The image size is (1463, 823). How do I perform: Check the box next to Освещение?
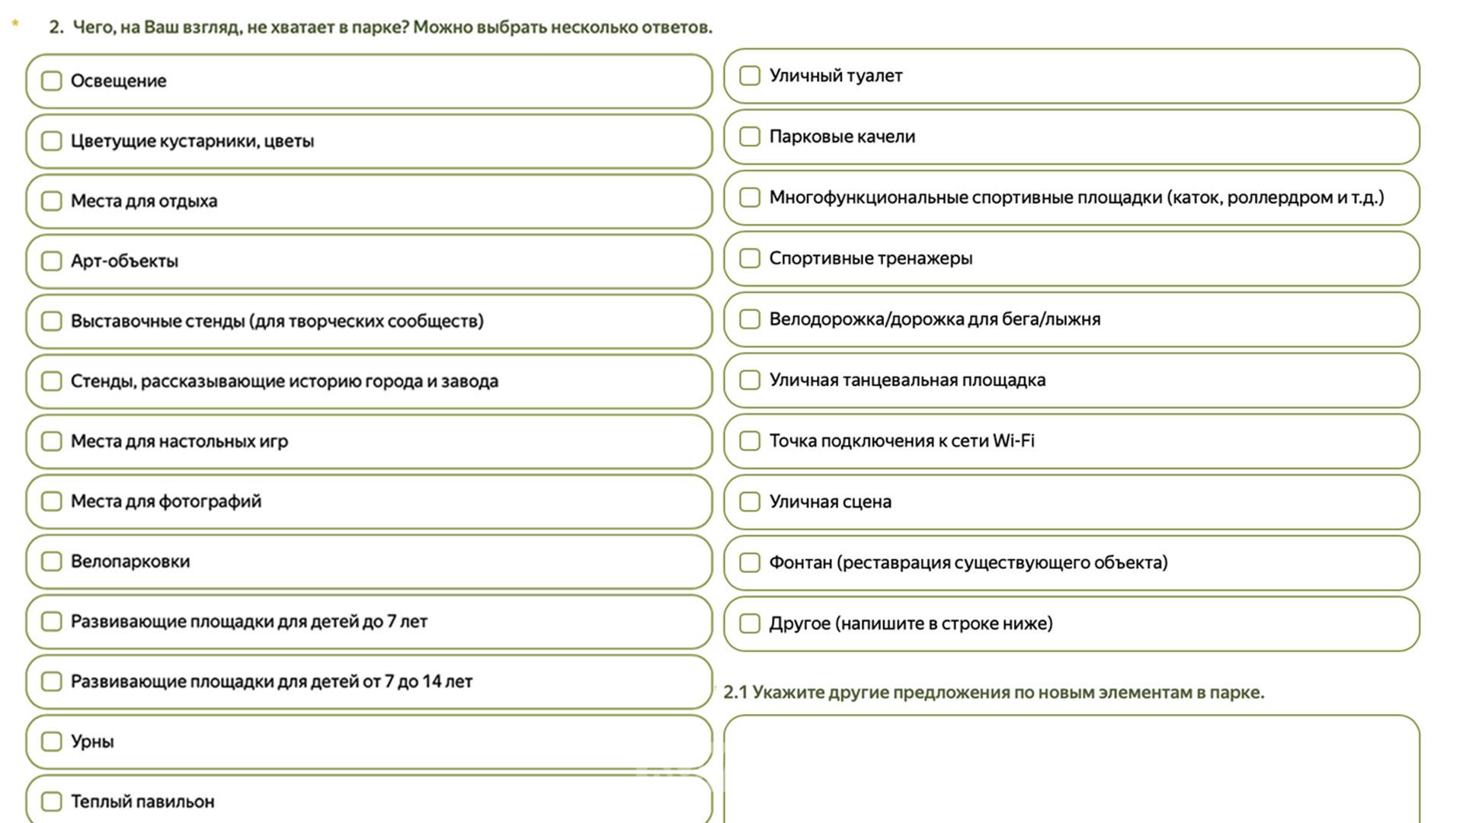(51, 81)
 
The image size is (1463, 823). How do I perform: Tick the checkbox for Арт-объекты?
(51, 261)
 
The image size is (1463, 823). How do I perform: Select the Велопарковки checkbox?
(51, 562)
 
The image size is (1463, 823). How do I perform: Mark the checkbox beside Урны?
(51, 741)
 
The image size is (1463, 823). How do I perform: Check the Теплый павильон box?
(51, 802)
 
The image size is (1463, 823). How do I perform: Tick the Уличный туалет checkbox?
(750, 75)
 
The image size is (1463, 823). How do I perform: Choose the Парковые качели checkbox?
(750, 136)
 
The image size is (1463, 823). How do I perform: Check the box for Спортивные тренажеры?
(750, 258)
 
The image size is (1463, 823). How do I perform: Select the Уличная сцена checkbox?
(750, 502)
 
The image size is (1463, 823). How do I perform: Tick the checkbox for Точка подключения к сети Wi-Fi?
(750, 441)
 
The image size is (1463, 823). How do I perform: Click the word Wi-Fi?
(1013, 441)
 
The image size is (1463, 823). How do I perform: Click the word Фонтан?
(800, 563)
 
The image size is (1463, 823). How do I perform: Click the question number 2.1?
(735, 693)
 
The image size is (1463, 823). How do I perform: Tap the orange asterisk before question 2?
(15, 24)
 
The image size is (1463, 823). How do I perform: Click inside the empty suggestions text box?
(1071, 770)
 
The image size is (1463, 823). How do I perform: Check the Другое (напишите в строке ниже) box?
(750, 624)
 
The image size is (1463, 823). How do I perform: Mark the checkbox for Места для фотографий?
(51, 501)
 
